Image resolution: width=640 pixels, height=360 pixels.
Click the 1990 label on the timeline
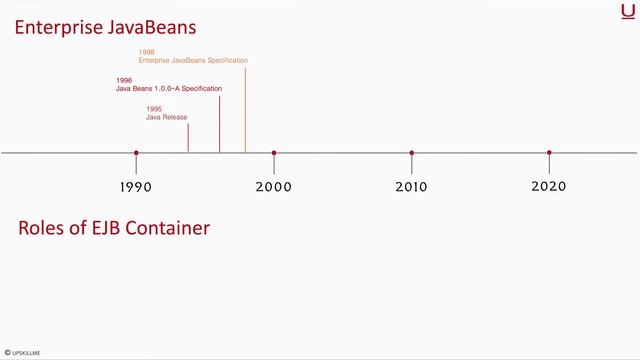tap(136, 186)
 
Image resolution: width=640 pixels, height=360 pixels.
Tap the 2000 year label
tap(273, 186)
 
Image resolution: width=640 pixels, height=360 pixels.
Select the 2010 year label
tap(411, 186)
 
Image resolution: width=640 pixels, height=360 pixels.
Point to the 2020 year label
tap(549, 186)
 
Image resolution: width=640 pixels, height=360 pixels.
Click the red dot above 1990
tap(136, 153)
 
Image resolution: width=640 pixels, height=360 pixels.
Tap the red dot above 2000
tap(273, 153)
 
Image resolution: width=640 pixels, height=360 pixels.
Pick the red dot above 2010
tap(411, 153)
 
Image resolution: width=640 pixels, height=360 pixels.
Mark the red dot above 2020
tap(549, 153)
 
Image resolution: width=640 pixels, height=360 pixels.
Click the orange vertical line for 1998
tap(245, 110)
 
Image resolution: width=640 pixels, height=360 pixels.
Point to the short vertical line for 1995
tap(188, 138)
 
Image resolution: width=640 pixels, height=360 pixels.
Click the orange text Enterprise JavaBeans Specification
tap(193, 61)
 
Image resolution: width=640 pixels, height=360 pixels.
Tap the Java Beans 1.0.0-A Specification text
tap(168, 89)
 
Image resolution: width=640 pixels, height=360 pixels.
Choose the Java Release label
tap(166, 117)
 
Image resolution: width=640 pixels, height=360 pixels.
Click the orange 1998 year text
tap(147, 52)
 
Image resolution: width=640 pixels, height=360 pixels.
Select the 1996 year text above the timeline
tap(124, 80)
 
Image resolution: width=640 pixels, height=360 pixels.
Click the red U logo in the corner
tap(626, 11)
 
